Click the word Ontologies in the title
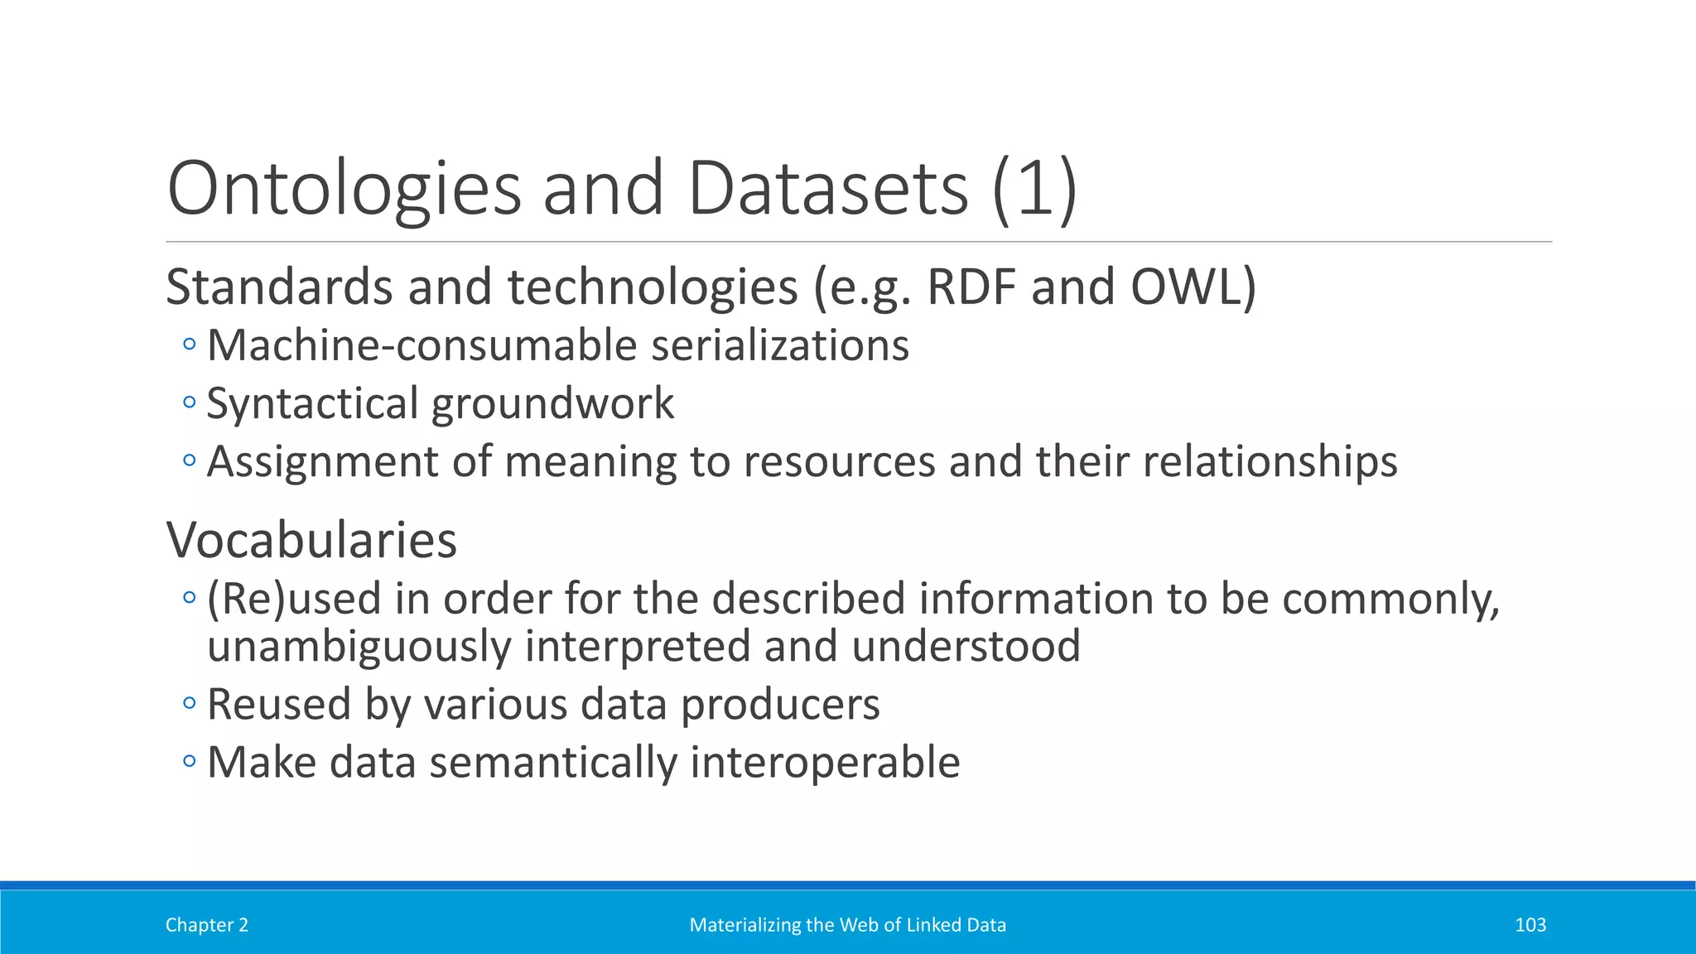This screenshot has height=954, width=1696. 344,189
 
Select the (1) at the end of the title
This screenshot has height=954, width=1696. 1034,189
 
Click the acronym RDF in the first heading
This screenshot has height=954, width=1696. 971,287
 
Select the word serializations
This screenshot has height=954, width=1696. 780,345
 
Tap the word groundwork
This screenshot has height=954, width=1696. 552,404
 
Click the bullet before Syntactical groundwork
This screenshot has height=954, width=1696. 190,402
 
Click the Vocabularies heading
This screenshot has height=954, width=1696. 311,540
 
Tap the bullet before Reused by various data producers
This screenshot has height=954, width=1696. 190,704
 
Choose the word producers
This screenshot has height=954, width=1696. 780,705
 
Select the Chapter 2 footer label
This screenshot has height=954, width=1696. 207,925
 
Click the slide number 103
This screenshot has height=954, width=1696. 1530,925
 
